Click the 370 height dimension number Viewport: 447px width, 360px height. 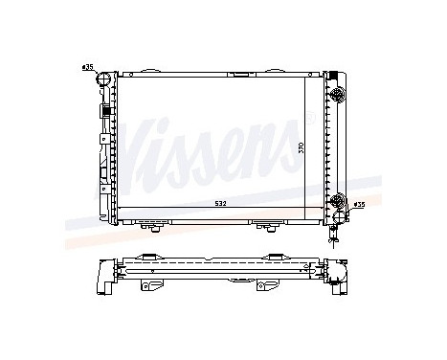tap(302, 147)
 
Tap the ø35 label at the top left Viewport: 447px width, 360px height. tap(88, 67)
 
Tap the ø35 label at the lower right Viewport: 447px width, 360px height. tap(360, 205)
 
